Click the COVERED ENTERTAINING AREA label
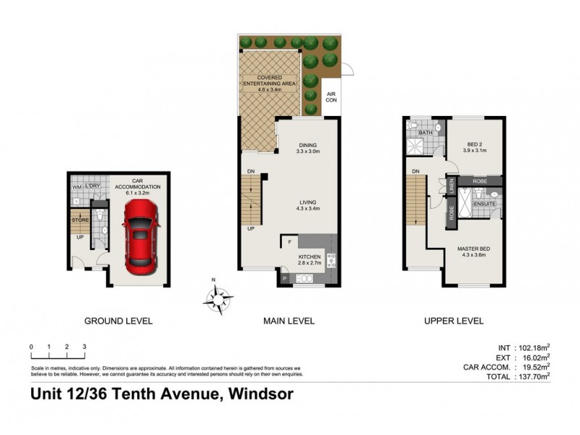(270, 83)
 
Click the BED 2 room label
(475, 147)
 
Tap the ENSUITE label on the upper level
(484, 204)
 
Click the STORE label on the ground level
(79, 220)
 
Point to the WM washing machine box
(76, 188)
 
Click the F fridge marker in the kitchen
(290, 241)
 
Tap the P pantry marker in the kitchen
(283, 278)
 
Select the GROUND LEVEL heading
(118, 320)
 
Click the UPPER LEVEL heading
(454, 320)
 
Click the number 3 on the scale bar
(85, 347)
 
